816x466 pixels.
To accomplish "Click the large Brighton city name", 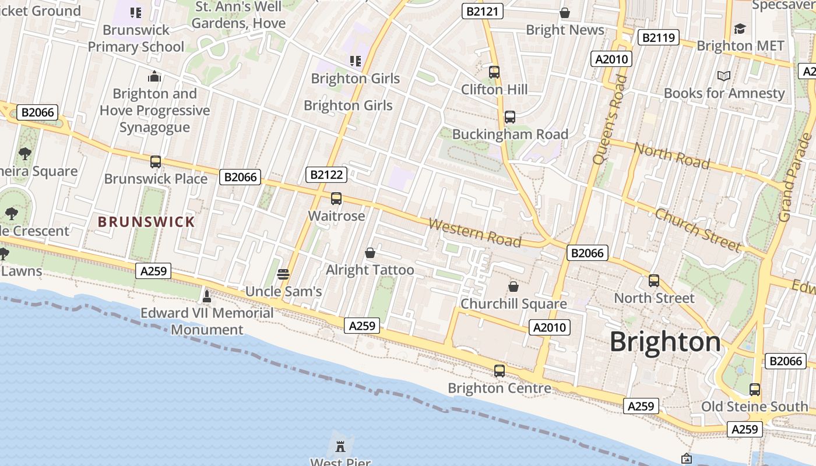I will click(x=665, y=342).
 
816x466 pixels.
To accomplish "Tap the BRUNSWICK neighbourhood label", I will click(x=146, y=222).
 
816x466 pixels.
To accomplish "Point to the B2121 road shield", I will click(x=483, y=11).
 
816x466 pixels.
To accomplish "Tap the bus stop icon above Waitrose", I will click(x=336, y=199).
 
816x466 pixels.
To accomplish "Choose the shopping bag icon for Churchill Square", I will click(x=513, y=287).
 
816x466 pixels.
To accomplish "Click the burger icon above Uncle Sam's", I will click(x=283, y=274).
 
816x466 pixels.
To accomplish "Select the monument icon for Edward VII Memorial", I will click(x=206, y=296).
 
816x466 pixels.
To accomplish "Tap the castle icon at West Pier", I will click(x=340, y=447).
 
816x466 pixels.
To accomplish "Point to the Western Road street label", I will click(x=474, y=232).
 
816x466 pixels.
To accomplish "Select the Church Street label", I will click(x=698, y=230).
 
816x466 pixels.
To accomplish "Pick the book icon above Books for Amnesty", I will click(x=724, y=76).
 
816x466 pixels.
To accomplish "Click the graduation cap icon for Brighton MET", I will click(x=740, y=29).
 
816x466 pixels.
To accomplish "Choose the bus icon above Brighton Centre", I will click(x=500, y=370).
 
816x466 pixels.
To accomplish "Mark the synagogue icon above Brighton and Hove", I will click(x=154, y=76).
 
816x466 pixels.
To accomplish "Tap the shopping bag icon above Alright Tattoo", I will click(x=370, y=253).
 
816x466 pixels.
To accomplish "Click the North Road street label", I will click(x=671, y=156).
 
